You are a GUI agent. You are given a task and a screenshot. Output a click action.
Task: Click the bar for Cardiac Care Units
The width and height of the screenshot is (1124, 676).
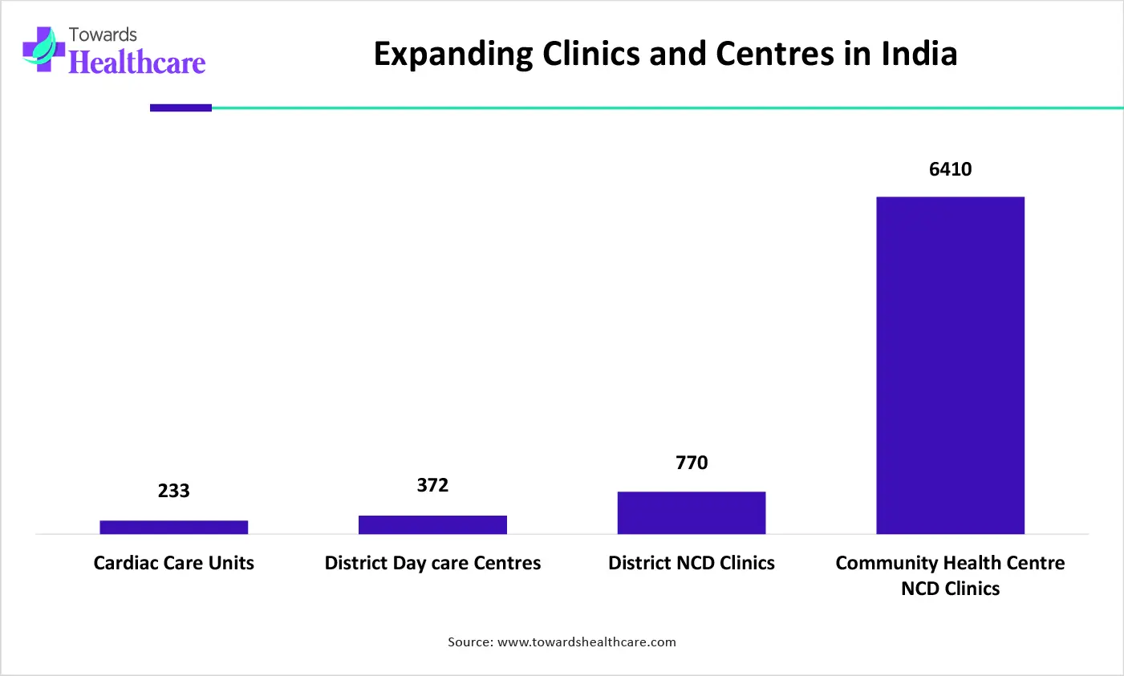[174, 527]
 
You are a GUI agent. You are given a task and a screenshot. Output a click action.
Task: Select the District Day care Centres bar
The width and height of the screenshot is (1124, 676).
[432, 524]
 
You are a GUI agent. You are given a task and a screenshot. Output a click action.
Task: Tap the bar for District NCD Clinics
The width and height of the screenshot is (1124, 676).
[692, 512]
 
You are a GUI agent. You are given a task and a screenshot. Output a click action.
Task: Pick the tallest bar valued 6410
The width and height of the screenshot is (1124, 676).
[950, 365]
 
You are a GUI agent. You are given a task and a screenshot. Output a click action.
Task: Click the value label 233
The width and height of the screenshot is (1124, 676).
[174, 491]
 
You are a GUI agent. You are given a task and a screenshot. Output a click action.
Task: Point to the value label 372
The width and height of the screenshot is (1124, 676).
[432, 485]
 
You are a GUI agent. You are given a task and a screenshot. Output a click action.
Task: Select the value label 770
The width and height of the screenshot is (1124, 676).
[692, 463]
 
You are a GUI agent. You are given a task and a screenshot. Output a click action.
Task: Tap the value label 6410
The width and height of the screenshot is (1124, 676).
[950, 169]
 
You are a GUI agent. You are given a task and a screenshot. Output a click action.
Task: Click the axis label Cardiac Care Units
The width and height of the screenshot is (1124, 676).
[174, 563]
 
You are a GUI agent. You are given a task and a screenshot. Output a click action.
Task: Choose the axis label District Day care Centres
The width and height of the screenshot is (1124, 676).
[432, 563]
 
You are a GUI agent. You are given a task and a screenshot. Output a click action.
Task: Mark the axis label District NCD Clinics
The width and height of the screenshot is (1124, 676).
[692, 563]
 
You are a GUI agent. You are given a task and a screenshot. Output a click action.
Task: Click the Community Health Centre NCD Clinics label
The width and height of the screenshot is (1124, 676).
[950, 575]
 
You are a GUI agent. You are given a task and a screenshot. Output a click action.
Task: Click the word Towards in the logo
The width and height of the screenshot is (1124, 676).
[103, 34]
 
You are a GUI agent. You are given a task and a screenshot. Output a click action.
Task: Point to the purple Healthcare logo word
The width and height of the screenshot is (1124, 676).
[137, 62]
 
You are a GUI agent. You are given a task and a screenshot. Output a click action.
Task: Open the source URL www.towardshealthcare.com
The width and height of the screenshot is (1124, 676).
[586, 642]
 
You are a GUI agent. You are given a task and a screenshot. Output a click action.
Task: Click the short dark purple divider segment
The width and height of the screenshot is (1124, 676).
[181, 107]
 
